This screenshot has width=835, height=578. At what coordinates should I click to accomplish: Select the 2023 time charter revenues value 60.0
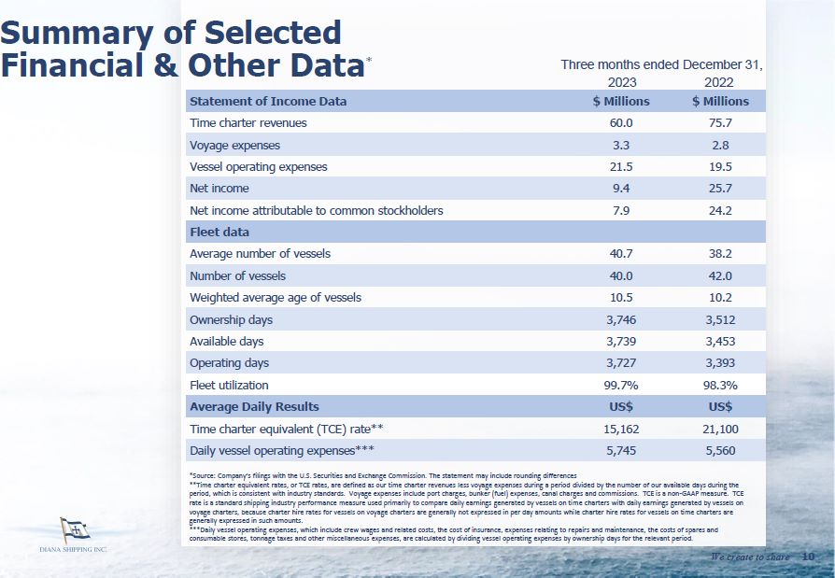(621, 123)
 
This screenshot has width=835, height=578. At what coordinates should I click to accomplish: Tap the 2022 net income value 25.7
(720, 189)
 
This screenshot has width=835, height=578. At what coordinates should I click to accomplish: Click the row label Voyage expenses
(234, 146)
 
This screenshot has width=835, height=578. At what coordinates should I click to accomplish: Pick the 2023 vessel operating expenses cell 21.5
(621, 167)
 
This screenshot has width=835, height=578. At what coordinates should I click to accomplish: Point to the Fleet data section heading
(219, 232)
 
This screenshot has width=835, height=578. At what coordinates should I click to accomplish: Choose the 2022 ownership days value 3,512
(720, 319)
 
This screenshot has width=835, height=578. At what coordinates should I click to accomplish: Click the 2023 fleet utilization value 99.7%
(621, 385)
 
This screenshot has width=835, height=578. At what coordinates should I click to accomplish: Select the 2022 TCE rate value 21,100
(720, 429)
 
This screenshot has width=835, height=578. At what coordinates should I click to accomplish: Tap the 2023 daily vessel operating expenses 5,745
(621, 450)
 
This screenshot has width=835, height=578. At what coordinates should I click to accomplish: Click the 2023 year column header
(621, 82)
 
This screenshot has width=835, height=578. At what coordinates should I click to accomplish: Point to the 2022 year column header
(720, 82)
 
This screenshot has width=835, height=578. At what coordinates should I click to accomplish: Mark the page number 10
(808, 557)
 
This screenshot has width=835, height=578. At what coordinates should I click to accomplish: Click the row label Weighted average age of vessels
(275, 298)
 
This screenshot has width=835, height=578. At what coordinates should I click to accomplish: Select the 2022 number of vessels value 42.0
(720, 275)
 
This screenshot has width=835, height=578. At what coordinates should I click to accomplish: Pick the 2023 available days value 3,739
(621, 342)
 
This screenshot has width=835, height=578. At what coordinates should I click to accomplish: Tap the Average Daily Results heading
(254, 407)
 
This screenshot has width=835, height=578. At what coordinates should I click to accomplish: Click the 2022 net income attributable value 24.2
(720, 210)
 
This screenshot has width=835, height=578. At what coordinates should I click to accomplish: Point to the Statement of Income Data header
(267, 101)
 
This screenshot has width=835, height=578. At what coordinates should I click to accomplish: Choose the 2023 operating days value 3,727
(621, 363)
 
